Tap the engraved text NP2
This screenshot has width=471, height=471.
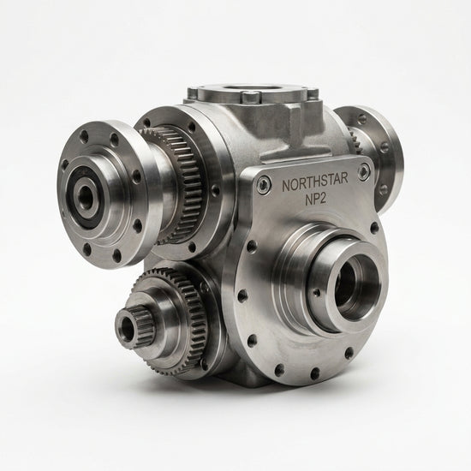(x=315, y=199)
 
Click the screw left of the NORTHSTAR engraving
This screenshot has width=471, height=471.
(x=264, y=183)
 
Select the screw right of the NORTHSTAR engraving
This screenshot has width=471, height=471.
(x=364, y=170)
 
